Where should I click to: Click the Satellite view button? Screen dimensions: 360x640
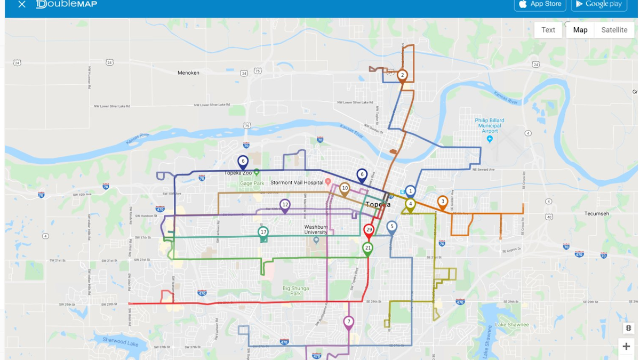[614, 30]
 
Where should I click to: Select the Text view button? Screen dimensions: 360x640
[548, 30]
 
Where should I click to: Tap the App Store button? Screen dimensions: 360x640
[540, 4]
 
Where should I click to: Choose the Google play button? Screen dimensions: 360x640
[598, 4]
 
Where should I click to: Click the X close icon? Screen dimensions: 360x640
[22, 4]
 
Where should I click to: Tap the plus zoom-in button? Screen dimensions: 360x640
[626, 346]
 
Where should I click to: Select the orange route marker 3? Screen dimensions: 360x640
[442, 202]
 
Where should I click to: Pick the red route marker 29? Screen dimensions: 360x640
[369, 230]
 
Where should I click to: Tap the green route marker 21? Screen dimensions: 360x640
[367, 249]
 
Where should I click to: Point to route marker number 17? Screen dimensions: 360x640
[263, 233]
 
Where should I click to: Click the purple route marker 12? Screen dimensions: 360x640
[285, 205]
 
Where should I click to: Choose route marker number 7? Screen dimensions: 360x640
[348, 322]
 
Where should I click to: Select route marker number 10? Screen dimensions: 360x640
[345, 188]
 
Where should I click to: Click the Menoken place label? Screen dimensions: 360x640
[188, 73]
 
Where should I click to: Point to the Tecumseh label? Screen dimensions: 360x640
[596, 213]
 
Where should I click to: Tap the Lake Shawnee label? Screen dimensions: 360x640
[511, 324]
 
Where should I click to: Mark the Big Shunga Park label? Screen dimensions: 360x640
[295, 291]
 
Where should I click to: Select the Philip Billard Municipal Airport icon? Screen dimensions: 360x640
[490, 139]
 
